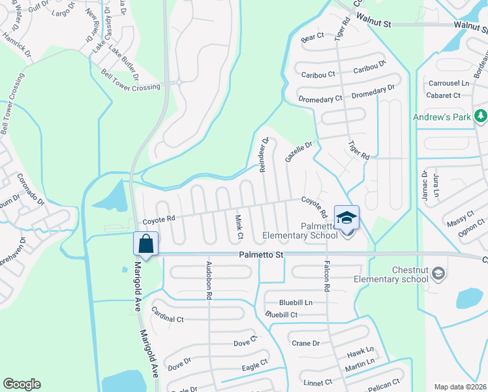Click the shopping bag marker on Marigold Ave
tap(146, 244)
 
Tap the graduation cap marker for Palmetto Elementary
tap(346, 218)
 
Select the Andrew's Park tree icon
tap(481, 116)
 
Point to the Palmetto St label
tap(260, 255)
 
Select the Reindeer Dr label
tap(264, 154)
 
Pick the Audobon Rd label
tap(209, 280)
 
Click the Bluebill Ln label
tap(296, 302)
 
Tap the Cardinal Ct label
tap(167, 315)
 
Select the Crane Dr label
tap(305, 343)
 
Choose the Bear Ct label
tap(312, 39)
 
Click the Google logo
tap(22, 384)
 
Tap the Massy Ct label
tap(460, 219)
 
